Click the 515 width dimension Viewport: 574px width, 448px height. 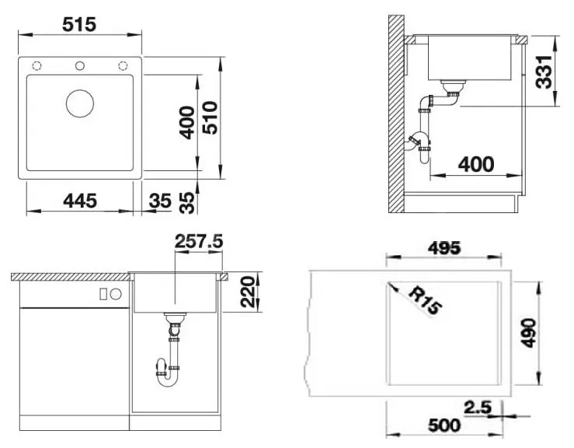tap(79, 25)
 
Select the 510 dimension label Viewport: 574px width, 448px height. tap(210, 117)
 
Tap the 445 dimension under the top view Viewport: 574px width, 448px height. tap(80, 201)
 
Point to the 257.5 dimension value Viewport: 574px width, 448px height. tap(199, 242)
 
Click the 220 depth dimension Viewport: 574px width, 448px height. tap(248, 292)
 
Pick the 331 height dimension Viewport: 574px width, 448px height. tap(544, 72)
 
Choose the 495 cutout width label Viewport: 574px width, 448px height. tap(444, 248)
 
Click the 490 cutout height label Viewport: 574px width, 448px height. tap(529, 333)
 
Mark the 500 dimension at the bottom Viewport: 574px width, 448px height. tap(444, 425)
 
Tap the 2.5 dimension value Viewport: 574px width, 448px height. tap(478, 408)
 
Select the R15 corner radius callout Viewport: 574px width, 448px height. tap(425, 301)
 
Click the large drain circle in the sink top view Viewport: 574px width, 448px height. tap(80, 103)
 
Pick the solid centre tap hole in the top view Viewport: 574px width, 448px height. tap(80, 66)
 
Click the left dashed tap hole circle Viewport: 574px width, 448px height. tap(37, 66)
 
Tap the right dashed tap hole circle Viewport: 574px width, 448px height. tap(123, 66)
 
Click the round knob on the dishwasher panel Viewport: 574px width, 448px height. tap(116, 294)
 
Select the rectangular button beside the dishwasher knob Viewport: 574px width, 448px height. tap(103, 294)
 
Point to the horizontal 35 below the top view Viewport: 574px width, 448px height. tap(160, 201)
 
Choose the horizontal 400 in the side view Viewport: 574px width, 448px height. tap(476, 164)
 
